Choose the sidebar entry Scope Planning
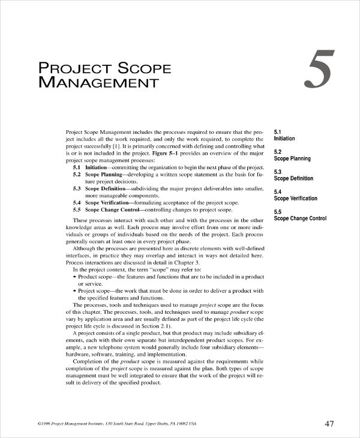(x=292, y=158)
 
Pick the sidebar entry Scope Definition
(x=293, y=178)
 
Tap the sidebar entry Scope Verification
(x=296, y=198)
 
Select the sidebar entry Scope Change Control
(x=300, y=218)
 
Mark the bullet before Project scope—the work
(x=74, y=291)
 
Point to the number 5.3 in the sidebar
(x=278, y=172)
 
